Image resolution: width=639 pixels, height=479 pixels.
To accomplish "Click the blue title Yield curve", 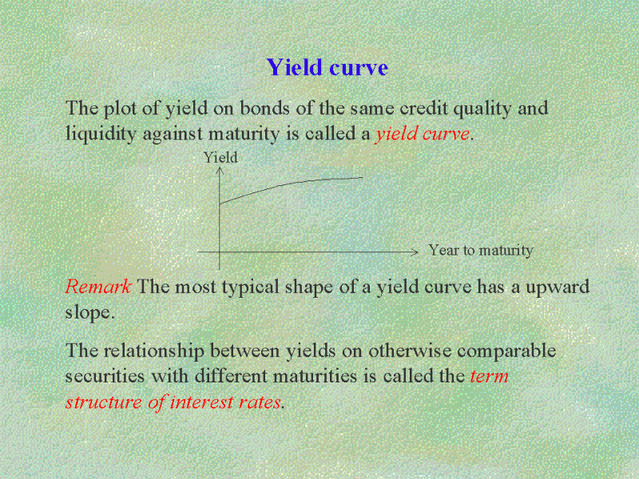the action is pos(327,68).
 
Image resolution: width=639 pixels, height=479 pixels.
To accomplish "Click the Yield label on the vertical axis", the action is pos(220,157).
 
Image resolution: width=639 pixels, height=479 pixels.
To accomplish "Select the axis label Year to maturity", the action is pos(481,251).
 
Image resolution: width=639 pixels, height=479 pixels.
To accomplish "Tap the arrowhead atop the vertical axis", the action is pos(220,170).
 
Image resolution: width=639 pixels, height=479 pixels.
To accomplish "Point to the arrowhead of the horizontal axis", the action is pos(415,252).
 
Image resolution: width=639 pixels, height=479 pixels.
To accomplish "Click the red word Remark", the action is pos(97,287).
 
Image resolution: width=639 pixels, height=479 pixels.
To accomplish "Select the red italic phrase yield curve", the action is pos(423,134).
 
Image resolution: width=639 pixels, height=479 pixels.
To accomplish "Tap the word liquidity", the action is pos(101,134).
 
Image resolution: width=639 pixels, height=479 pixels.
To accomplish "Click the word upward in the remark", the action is pos(558,287).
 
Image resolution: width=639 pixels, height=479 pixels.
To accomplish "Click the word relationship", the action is pos(153,350).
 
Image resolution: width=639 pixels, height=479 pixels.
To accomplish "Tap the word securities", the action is pos(105,375).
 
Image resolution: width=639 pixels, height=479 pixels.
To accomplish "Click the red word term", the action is pos(489,376).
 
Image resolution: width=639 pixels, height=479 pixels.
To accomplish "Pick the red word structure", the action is pos(104,402).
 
